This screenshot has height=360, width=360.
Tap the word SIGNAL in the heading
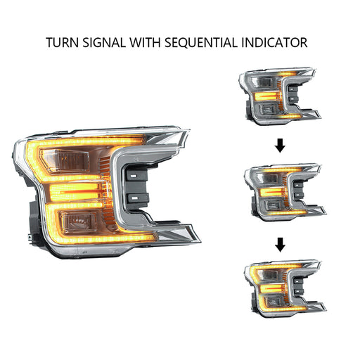pyautogui.click(x=104, y=42)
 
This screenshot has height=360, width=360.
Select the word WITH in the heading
pyautogui.click(x=146, y=42)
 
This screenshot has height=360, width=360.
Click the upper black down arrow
pyautogui.click(x=280, y=146)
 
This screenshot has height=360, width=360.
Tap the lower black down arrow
pyautogui.click(x=280, y=245)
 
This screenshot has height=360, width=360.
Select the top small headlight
pyautogui.click(x=280, y=96)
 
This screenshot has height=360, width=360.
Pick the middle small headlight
pyautogui.click(x=285, y=192)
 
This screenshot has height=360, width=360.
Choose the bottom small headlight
pyautogui.click(x=285, y=288)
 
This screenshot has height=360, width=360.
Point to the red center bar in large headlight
pyautogui.click(x=82, y=192)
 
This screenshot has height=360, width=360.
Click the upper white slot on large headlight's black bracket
pyautogui.click(x=134, y=175)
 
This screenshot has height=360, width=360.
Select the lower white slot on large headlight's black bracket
pyautogui.click(x=134, y=198)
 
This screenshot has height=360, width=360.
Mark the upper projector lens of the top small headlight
pyautogui.click(x=262, y=82)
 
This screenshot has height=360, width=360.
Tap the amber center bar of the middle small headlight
pyautogui.click(x=271, y=192)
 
